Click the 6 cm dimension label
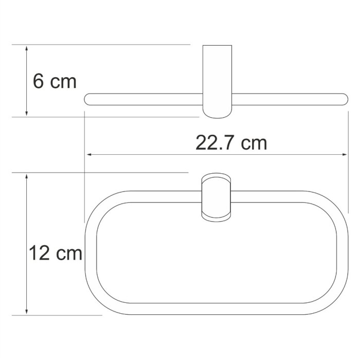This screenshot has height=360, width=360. pyautogui.click(x=54, y=81)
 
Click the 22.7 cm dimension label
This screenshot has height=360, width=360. pyautogui.click(x=231, y=142)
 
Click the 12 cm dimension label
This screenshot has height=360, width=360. pyautogui.click(x=56, y=253)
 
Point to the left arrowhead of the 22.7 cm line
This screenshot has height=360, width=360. pyautogui.click(x=89, y=154)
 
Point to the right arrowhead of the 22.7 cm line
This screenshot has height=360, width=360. pyautogui.click(x=345, y=154)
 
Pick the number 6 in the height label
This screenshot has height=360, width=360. pyautogui.click(x=38, y=81)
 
